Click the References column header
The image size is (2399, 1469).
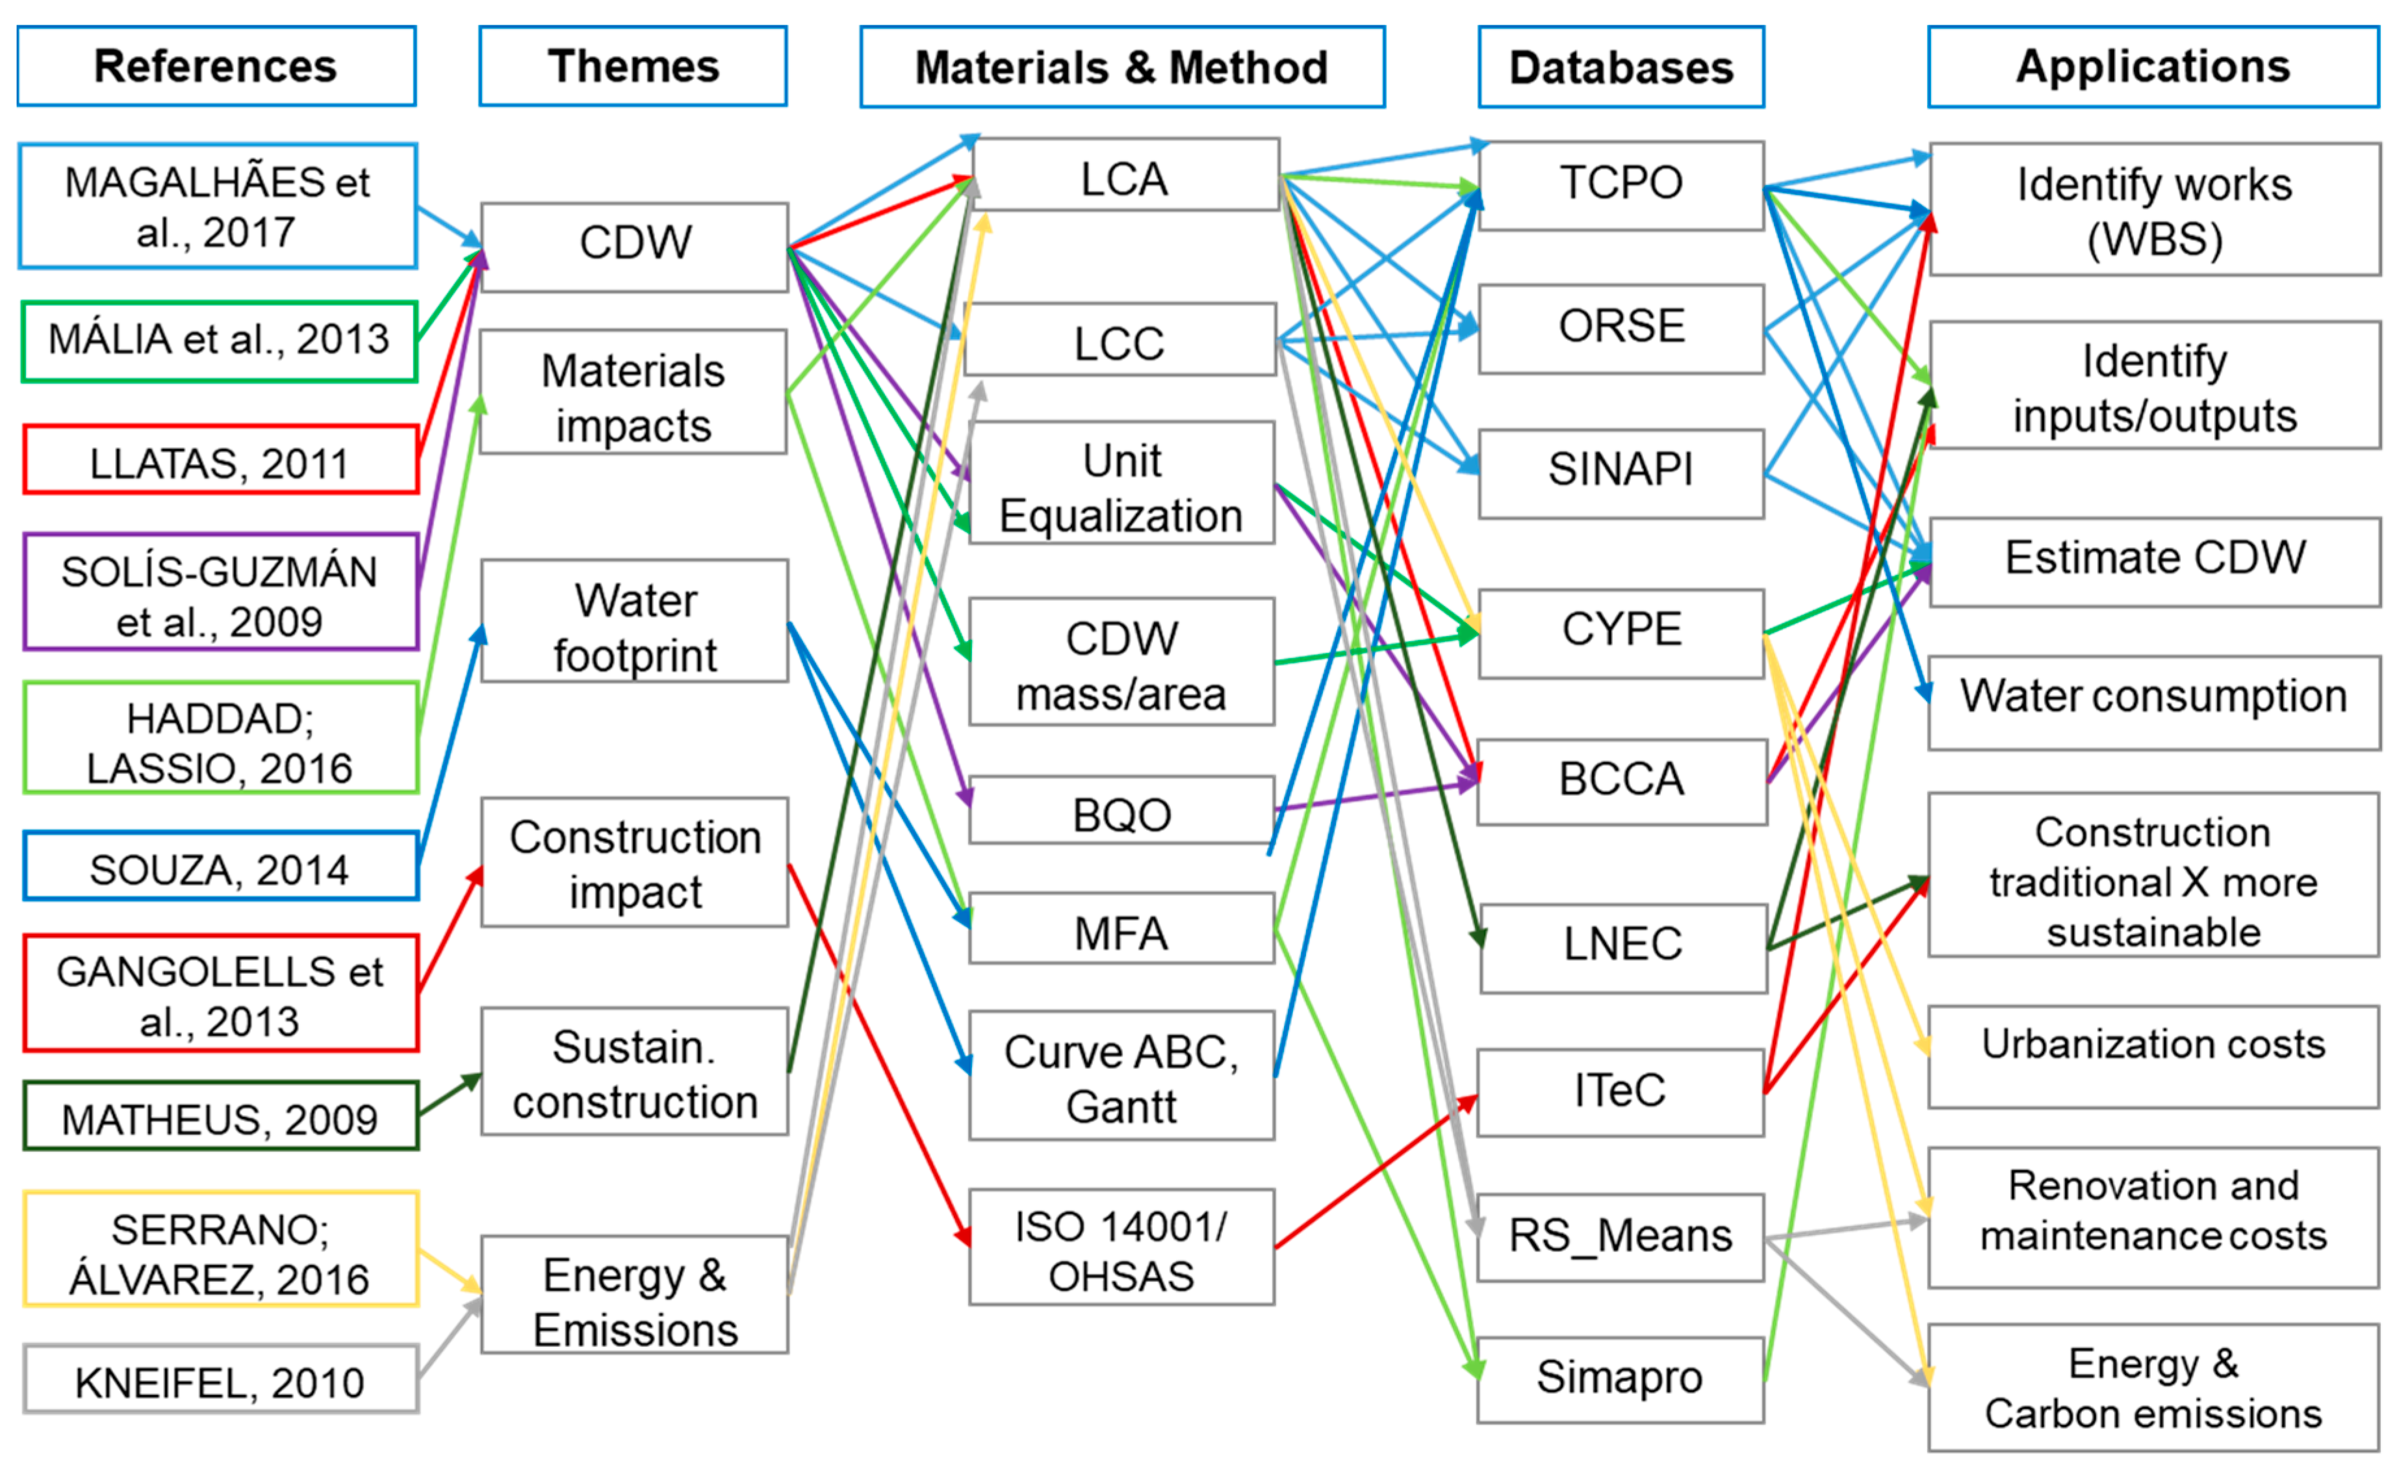coord(216,66)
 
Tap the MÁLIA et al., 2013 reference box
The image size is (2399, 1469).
coord(219,340)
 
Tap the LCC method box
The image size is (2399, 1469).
coord(1120,340)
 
